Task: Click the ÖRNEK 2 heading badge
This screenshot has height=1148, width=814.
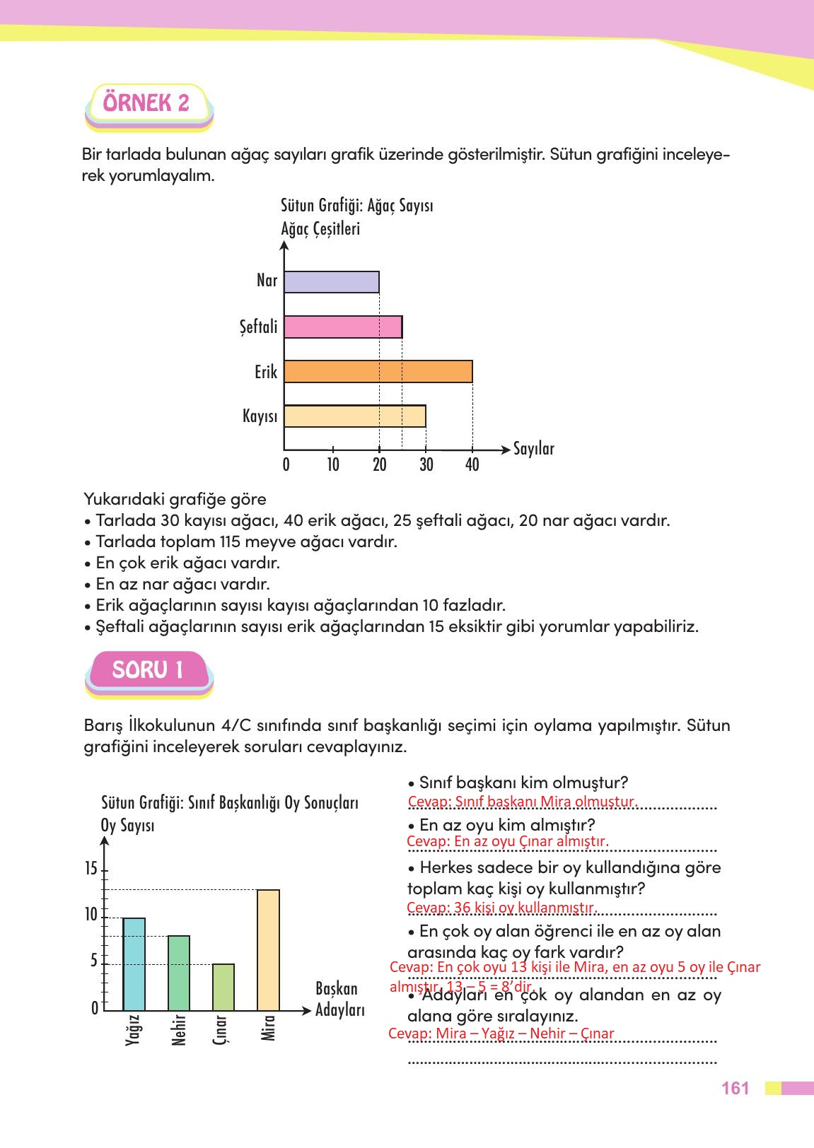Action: tap(147, 104)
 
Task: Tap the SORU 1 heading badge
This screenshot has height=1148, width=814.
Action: tap(148, 670)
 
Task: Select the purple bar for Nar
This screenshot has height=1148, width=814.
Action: tap(331, 282)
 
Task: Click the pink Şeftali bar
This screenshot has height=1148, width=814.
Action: tap(343, 327)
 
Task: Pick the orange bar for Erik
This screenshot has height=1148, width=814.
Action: tap(378, 372)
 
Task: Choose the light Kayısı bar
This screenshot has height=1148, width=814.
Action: tap(354, 416)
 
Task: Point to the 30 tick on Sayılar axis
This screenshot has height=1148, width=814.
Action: tap(426, 464)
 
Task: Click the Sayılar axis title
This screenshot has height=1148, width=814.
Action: tap(533, 449)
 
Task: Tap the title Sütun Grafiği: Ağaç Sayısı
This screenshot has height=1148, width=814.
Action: tap(356, 206)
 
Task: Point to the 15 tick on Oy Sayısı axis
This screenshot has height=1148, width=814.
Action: tap(91, 869)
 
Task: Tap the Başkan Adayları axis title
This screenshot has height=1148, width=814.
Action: tap(339, 999)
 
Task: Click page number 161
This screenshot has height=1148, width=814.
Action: tap(735, 1089)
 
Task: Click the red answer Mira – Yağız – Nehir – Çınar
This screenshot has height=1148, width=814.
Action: tap(501, 1033)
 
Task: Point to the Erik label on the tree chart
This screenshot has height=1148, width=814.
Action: tap(266, 372)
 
